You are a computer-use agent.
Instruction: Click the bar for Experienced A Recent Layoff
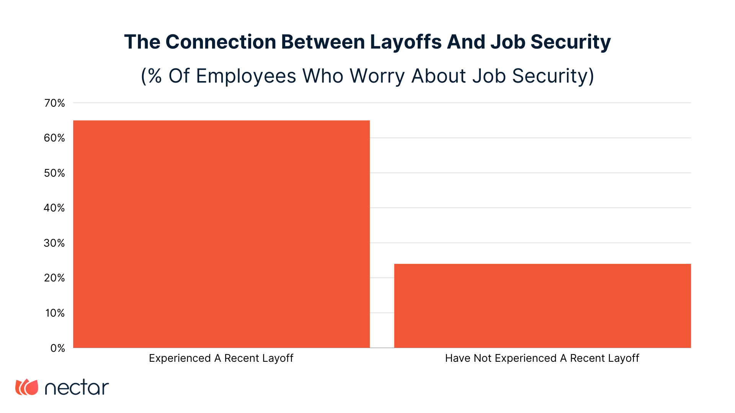tap(221, 234)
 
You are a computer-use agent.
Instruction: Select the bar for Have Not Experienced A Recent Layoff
tap(542, 306)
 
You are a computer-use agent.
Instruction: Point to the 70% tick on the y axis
tap(55, 103)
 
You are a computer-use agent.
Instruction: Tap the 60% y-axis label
tap(55, 138)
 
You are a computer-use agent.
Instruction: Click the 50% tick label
tap(55, 173)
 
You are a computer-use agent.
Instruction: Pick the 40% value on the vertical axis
tap(55, 208)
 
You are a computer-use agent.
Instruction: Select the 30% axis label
tap(55, 243)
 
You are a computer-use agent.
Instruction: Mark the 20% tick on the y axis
tap(55, 278)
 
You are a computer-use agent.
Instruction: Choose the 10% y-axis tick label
tap(56, 313)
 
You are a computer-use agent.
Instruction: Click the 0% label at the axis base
tap(58, 348)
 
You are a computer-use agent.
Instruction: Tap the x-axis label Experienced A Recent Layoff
tap(221, 358)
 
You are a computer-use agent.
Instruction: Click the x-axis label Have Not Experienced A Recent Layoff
tap(542, 358)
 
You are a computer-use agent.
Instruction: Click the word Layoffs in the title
tap(406, 42)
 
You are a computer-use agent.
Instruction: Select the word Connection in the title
tap(221, 42)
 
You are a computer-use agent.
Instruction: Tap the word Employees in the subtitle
tap(246, 76)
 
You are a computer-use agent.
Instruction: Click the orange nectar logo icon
tap(27, 387)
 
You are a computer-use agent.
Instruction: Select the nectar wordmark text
tap(77, 388)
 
